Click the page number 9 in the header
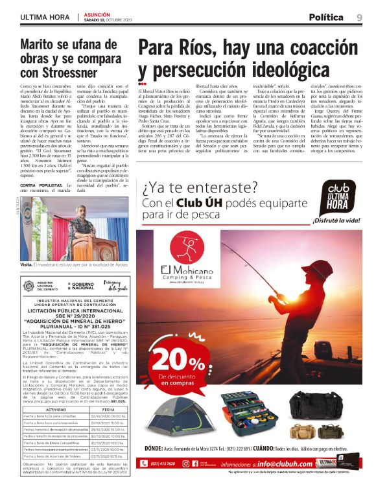click(x=359, y=17)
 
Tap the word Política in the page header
click(x=327, y=17)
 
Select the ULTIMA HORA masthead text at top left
click(x=45, y=17)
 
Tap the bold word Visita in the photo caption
click(x=27, y=264)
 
